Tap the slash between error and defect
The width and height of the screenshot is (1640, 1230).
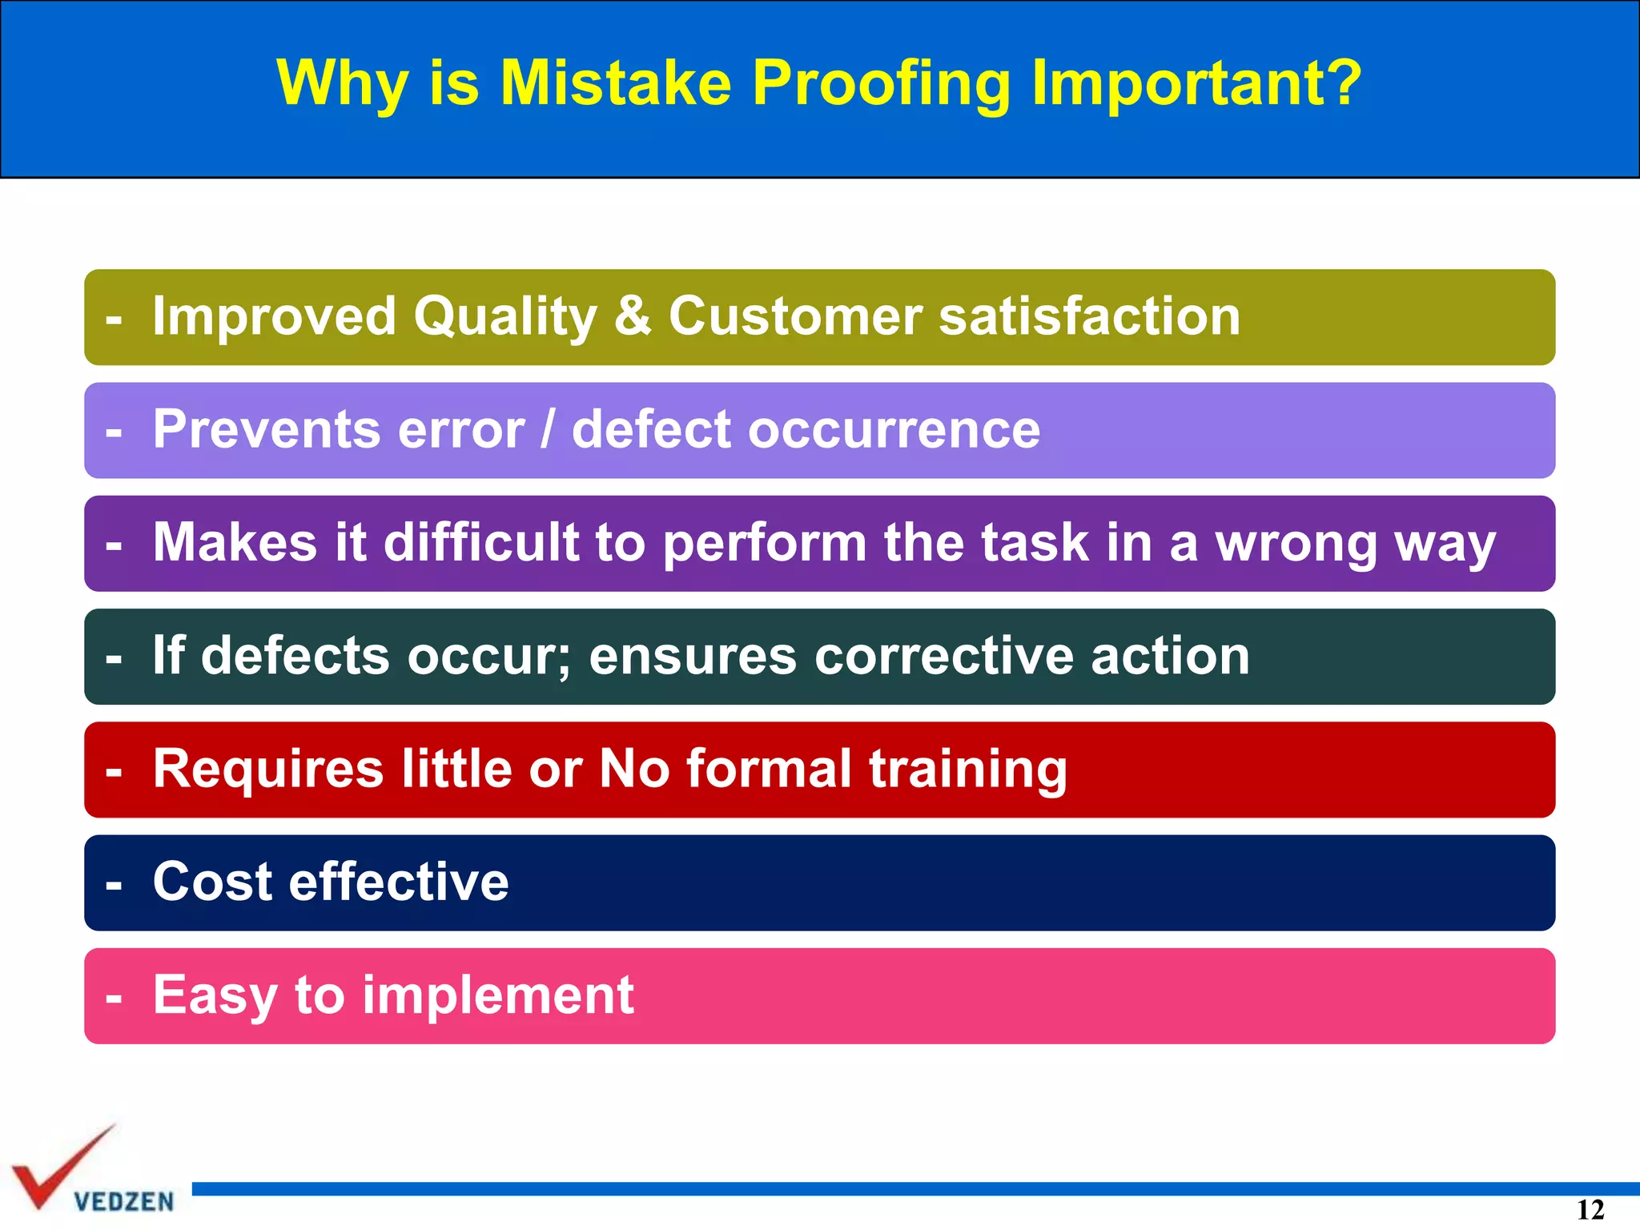tap(548, 429)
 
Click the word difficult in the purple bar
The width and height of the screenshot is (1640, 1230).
tap(481, 542)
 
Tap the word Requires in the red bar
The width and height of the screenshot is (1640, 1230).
tap(268, 769)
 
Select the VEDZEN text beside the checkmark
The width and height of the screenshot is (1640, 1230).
tap(123, 1201)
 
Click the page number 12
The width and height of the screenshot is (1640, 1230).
tap(1590, 1210)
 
